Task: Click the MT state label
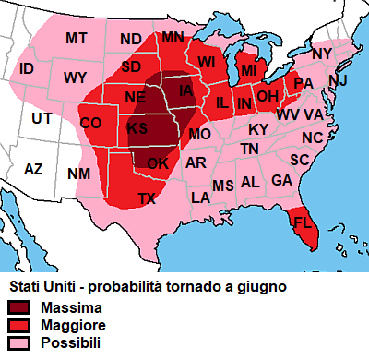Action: tap(76, 38)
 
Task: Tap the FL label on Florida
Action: tap(302, 222)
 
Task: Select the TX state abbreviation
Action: tap(148, 198)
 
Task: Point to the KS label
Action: tap(137, 127)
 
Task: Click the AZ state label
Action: tap(33, 169)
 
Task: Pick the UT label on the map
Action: tap(42, 118)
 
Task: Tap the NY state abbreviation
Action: tap(321, 54)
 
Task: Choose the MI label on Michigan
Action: tap(248, 70)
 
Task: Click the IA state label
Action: tap(186, 90)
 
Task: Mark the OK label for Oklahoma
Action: tap(158, 163)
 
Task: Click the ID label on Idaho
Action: tap(27, 69)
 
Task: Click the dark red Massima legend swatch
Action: tap(19, 306)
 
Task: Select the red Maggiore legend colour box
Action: tap(19, 325)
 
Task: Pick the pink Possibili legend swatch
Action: tap(19, 343)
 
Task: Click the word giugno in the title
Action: tap(263, 287)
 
